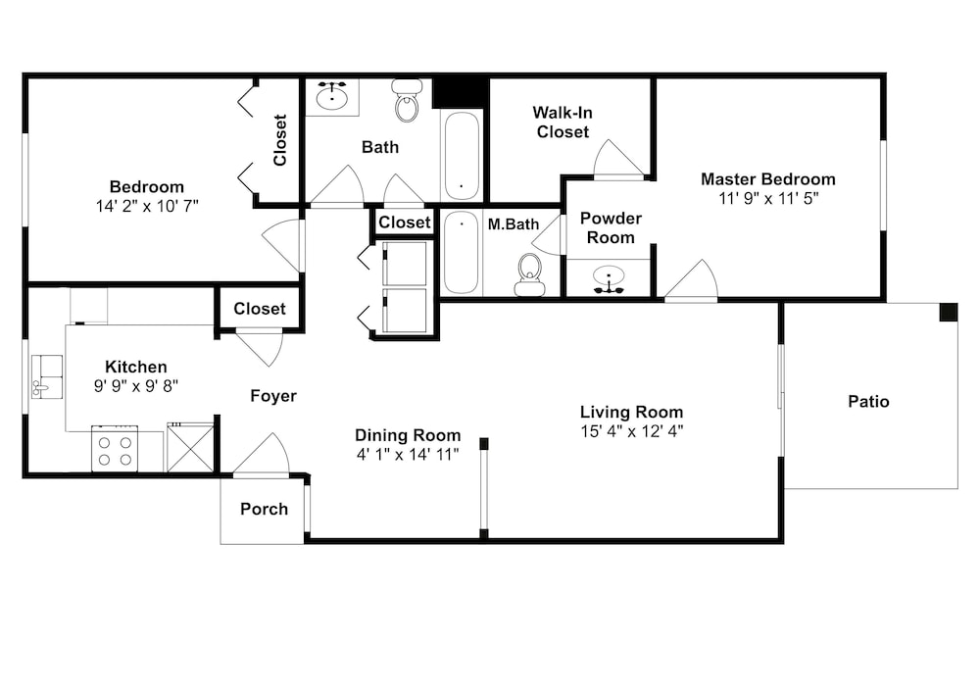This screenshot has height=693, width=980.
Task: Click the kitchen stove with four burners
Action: [x=115, y=449]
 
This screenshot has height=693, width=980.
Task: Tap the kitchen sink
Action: [x=47, y=376]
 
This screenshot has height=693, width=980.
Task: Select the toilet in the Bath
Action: [x=407, y=100]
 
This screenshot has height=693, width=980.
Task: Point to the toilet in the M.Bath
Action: [x=530, y=274]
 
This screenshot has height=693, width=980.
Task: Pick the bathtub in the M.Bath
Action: [x=462, y=253]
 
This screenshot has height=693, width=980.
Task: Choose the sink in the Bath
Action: [x=331, y=96]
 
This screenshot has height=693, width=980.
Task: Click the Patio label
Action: [x=868, y=401]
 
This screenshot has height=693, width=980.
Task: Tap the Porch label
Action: [x=264, y=510]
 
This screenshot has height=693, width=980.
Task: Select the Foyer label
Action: [x=273, y=396]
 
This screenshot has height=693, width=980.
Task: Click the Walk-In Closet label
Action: [x=563, y=123]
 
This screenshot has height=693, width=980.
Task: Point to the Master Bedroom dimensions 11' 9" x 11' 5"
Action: [x=768, y=199]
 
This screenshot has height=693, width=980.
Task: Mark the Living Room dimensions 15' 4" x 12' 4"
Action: [x=631, y=431]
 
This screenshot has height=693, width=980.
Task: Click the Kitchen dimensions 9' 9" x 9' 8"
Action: [x=135, y=386]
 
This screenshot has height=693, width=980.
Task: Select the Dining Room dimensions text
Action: [x=408, y=454]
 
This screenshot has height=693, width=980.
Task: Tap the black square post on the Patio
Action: [x=948, y=312]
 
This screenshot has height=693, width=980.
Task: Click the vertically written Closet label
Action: [x=279, y=140]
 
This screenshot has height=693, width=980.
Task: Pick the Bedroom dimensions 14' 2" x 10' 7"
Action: [x=147, y=206]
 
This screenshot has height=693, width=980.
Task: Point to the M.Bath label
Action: [x=514, y=224]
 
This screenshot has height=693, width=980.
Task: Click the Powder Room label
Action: [x=611, y=228]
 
